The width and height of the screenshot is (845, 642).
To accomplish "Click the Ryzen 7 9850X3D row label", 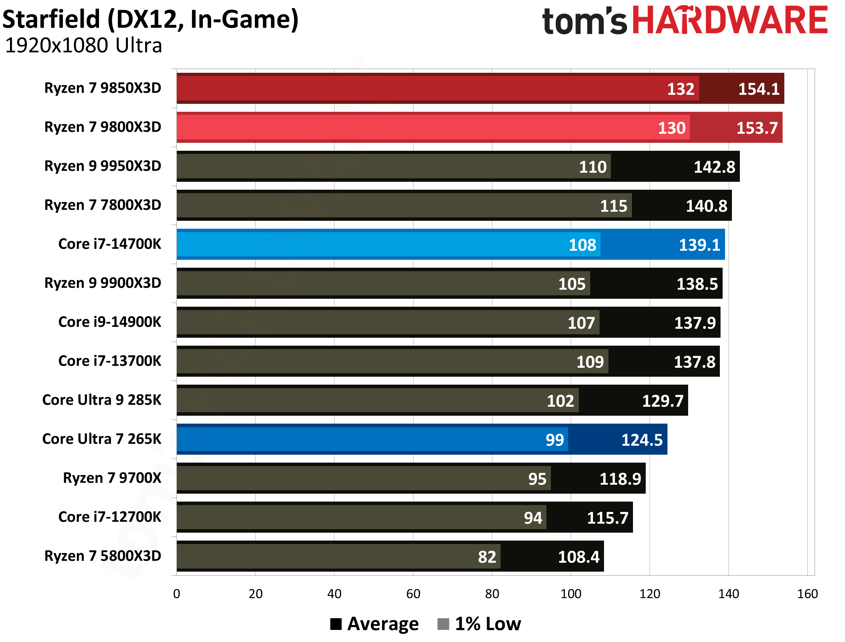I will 102,88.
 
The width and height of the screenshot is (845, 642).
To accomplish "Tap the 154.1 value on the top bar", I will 758,89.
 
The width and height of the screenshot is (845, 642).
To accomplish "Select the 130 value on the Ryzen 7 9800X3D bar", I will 672,128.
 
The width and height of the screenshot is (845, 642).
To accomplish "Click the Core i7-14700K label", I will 110,244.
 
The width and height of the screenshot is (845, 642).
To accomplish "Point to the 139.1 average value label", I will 699,245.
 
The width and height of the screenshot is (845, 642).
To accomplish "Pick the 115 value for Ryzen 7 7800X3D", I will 614,206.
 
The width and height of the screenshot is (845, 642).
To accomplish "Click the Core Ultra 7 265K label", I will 102,439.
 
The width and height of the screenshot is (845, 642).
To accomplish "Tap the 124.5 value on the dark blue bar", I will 642,440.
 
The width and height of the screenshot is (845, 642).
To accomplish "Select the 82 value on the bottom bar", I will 487,557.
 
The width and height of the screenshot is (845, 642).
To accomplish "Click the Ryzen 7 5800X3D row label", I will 102,556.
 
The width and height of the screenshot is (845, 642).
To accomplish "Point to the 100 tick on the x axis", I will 571,594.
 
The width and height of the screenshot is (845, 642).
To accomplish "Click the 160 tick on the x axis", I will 807,594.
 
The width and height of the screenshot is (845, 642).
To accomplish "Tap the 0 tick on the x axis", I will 177,594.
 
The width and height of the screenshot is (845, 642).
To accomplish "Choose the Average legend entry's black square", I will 336,624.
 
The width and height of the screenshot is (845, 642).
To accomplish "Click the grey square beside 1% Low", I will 443,624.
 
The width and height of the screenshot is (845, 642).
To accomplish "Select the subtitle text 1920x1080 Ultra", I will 83,46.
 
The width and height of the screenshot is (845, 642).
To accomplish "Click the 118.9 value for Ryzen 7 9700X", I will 620,479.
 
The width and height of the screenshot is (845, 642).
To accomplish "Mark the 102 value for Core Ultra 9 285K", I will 561,401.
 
